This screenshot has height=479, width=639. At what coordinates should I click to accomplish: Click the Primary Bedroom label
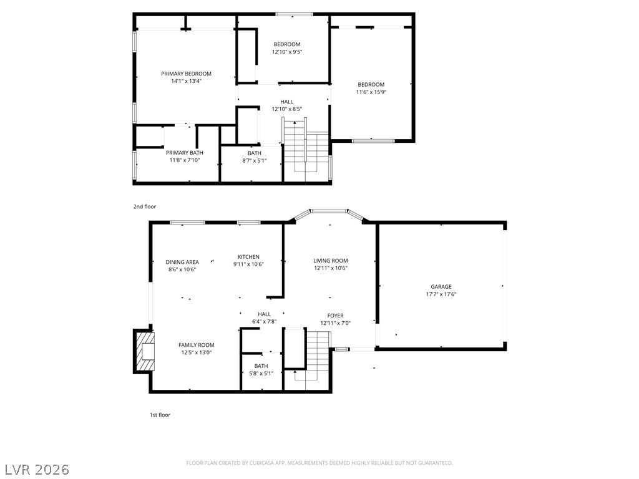click(186, 74)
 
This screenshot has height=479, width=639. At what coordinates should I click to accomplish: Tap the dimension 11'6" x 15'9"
click(371, 92)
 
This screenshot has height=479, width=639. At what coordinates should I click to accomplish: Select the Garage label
click(441, 287)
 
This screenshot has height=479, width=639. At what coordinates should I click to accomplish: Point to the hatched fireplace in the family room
click(145, 351)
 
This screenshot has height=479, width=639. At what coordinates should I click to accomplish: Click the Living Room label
click(331, 261)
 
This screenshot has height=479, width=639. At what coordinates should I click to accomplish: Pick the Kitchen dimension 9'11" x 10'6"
click(248, 264)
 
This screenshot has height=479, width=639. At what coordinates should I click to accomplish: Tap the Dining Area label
click(182, 262)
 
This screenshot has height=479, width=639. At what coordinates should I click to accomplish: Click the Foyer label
click(335, 316)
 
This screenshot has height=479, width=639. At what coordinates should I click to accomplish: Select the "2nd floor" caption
click(144, 206)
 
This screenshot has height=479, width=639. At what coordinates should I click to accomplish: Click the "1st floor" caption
click(160, 415)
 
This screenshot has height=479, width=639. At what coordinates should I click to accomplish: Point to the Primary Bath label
click(184, 153)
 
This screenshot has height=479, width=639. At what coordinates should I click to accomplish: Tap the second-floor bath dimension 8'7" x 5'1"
click(255, 160)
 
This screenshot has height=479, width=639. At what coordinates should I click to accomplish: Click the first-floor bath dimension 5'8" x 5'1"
click(261, 373)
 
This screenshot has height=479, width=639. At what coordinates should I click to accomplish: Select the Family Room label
click(196, 345)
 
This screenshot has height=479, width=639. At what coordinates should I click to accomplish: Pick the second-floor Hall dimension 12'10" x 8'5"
click(287, 109)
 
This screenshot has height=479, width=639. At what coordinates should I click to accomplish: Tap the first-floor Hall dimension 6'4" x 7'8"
click(264, 321)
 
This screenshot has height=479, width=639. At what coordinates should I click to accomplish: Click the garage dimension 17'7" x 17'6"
click(441, 294)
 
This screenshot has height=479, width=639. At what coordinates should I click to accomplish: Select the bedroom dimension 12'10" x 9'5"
click(287, 52)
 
